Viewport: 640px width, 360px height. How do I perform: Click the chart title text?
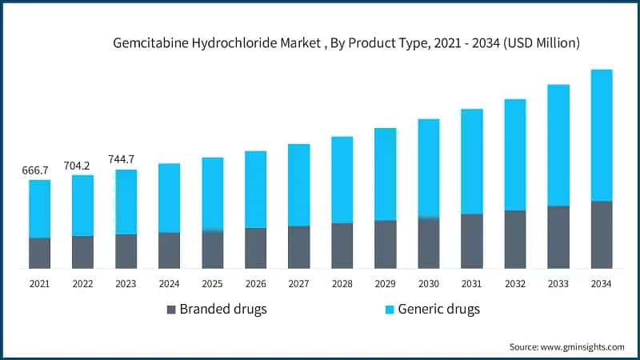pyautogui.click(x=346, y=42)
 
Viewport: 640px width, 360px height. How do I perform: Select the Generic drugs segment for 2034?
pyautogui.click(x=602, y=134)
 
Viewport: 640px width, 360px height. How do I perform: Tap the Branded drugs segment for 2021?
pyautogui.click(x=39, y=253)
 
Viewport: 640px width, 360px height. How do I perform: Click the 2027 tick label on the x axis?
pyautogui.click(x=298, y=283)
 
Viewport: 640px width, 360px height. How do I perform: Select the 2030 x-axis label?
pyautogui.click(x=428, y=283)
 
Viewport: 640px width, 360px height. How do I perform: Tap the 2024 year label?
pyautogui.click(x=169, y=283)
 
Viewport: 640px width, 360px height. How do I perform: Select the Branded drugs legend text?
pyautogui.click(x=223, y=310)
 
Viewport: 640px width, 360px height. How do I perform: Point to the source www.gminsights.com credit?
pyautogui.click(x=566, y=346)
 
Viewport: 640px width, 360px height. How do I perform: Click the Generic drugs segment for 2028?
pyautogui.click(x=342, y=179)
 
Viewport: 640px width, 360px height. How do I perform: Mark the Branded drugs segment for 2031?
pyautogui.click(x=472, y=241)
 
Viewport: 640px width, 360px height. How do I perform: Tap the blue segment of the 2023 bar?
pyautogui.click(x=126, y=202)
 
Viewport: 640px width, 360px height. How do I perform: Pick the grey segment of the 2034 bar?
pyautogui.click(x=602, y=234)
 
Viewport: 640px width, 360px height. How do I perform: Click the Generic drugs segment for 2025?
pyautogui.click(x=212, y=194)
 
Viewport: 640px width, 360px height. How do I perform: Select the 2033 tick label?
pyautogui.click(x=558, y=283)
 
